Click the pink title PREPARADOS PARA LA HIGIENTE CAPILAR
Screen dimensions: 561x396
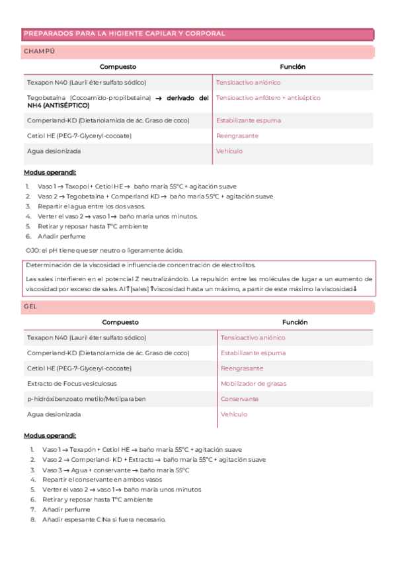point(124,33)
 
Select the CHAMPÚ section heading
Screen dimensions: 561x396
point(39,51)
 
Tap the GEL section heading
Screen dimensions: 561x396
point(31,307)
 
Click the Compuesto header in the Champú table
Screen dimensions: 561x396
point(118,67)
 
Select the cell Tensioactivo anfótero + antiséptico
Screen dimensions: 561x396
point(268,98)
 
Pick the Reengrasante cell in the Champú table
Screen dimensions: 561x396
point(237,136)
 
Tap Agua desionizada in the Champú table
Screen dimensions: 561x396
point(54,151)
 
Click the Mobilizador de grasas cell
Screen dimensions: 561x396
point(253,384)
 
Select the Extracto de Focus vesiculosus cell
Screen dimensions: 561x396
point(72,384)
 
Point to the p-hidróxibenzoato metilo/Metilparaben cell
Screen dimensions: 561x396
point(87,399)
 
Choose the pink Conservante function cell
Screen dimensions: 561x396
point(239,399)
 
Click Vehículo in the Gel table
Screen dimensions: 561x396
point(234,414)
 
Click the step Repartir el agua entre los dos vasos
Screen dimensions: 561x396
point(91,206)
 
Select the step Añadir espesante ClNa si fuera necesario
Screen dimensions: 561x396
point(104,519)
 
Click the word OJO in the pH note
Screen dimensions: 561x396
point(30,250)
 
